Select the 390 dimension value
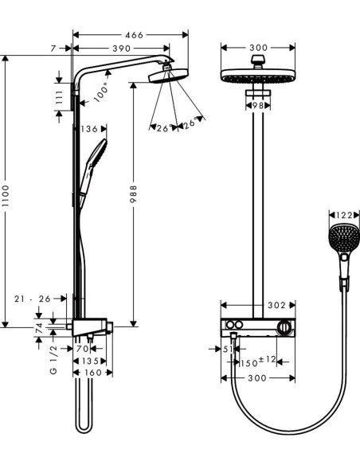pos(121,49)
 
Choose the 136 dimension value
pos(89,128)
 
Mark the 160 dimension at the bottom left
pos(93,373)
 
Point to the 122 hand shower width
pos(343,214)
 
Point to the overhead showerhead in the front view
pos(256,78)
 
